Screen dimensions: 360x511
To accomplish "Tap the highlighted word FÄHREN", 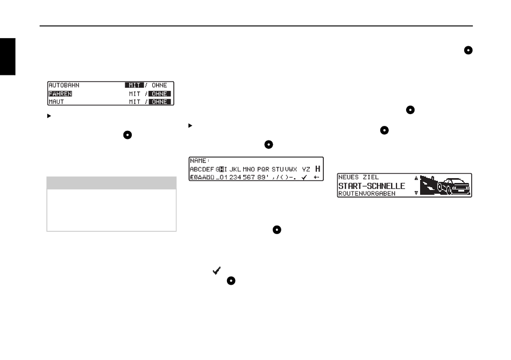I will pos(60,94).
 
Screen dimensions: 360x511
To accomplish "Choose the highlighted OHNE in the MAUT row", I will pos(159,102).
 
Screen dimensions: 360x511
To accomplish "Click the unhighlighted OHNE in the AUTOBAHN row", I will pos(159,85).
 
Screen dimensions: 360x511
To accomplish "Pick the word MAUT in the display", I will pos(56,102).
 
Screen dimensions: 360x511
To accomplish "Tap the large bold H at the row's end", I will pos(317,169).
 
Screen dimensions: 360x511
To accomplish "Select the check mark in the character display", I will pos(305,177).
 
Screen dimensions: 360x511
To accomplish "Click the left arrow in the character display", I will pos(317,177).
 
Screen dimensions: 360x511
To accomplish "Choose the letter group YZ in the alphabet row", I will pos(306,169).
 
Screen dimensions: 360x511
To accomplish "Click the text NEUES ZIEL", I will pos(358,177).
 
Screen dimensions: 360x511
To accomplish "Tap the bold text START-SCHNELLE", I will pos(371,186).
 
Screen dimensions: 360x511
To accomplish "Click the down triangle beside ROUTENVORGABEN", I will pos(415,193).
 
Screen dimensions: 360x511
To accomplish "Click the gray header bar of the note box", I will pos(111,184).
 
